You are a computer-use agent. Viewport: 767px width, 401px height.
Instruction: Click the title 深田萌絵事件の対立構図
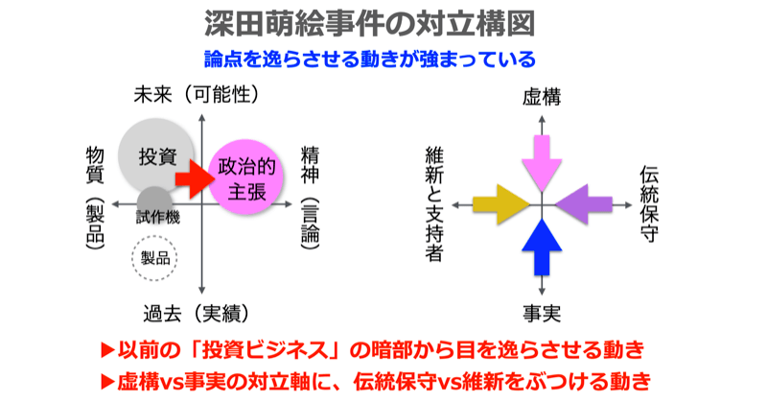point(383,23)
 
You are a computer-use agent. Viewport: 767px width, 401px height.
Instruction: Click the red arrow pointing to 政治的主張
point(193,178)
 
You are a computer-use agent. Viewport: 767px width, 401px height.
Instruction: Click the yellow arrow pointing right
point(499,203)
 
